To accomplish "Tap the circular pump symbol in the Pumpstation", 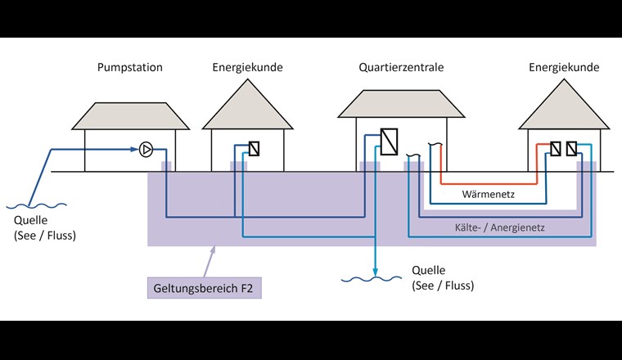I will (x=146, y=149).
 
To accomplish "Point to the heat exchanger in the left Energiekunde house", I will (x=254, y=149).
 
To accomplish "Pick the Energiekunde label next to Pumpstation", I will (x=242, y=67).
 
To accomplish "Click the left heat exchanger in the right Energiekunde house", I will (x=556, y=149).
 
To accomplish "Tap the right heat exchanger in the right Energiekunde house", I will (x=571, y=149).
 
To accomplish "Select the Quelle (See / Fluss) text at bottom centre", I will (x=442, y=278).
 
